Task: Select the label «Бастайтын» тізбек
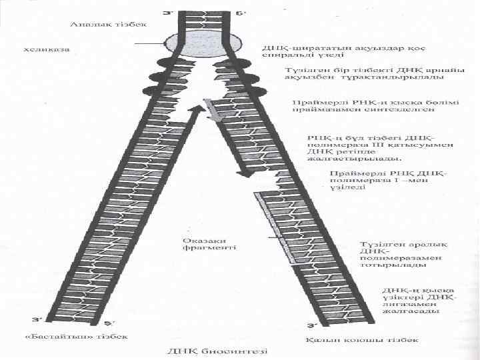(x=76, y=337)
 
